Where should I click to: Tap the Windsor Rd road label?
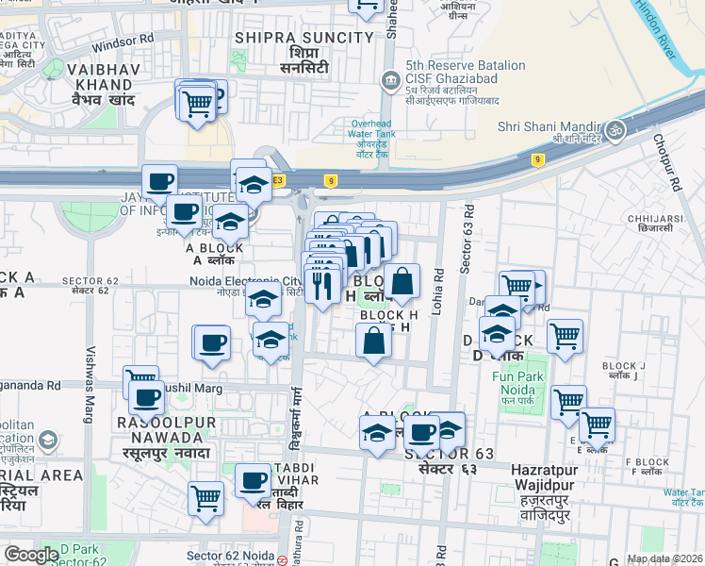point(122,43)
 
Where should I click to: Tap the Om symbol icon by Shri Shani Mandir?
point(615,128)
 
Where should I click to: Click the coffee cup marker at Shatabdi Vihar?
point(253,481)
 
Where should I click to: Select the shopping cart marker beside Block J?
point(565,335)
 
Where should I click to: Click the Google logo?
point(32,555)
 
